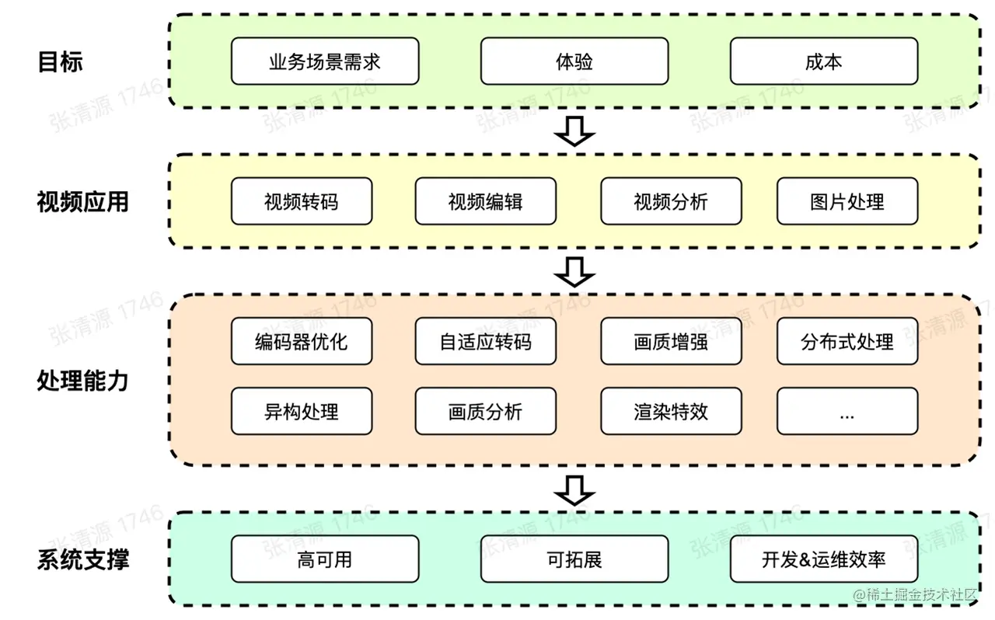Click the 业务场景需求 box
click(x=325, y=61)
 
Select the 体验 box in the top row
click(x=574, y=61)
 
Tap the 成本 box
click(x=824, y=61)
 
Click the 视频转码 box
click(x=302, y=201)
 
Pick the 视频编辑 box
click(x=486, y=201)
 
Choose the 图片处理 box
click(x=847, y=201)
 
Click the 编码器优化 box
click(x=302, y=341)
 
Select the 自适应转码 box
click(x=486, y=341)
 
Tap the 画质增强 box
click(x=671, y=341)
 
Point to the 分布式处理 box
click(x=847, y=341)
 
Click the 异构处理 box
click(x=302, y=411)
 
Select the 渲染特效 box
click(x=671, y=411)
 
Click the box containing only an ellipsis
click(x=847, y=411)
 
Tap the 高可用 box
click(x=325, y=559)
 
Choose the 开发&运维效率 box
click(x=824, y=559)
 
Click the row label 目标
click(x=61, y=61)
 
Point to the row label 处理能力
click(x=82, y=381)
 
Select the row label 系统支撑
click(x=83, y=559)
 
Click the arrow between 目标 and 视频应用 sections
click(x=574, y=131)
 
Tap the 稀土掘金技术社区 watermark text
click(x=915, y=595)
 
